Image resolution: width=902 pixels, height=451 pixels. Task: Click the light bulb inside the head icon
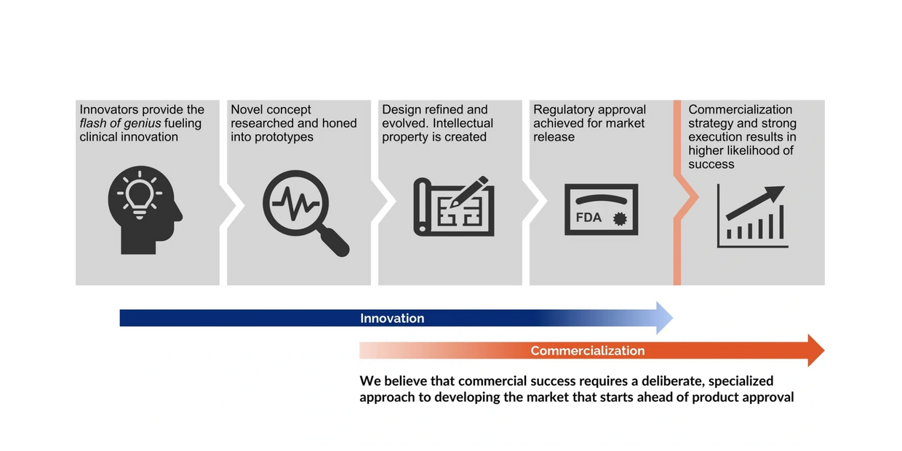click(140, 193)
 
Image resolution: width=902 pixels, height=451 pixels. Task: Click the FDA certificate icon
click(601, 209)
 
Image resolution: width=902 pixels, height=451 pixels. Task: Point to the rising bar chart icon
click(752, 216)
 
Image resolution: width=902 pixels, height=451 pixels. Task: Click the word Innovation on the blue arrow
click(392, 319)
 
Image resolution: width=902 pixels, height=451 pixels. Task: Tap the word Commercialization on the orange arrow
click(588, 351)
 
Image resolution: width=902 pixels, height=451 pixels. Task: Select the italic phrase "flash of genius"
click(121, 124)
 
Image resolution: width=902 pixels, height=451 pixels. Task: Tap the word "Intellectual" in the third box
click(463, 124)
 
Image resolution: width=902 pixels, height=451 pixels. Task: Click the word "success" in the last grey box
click(711, 164)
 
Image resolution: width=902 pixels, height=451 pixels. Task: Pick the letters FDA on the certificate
click(589, 217)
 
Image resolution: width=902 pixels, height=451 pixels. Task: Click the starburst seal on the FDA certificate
click(620, 218)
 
